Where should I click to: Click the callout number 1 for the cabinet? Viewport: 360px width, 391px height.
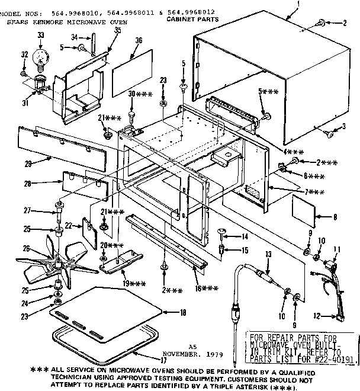click(298, 4)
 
